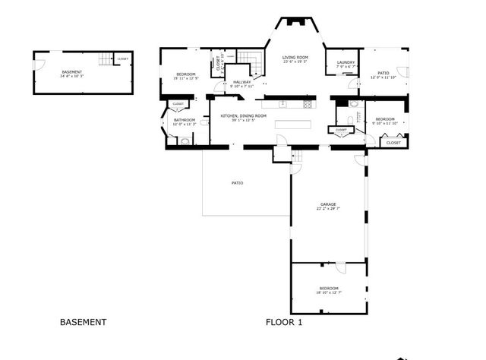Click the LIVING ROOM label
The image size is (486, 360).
point(295,58)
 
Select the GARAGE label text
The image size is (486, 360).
point(328,204)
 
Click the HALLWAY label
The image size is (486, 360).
point(242,82)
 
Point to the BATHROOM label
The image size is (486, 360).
point(185,120)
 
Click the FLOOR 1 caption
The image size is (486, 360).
point(284,322)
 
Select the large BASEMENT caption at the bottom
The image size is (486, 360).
point(83,322)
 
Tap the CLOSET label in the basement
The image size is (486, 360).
point(122,58)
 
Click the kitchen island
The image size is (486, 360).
point(293,125)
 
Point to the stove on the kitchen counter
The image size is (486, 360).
point(308,103)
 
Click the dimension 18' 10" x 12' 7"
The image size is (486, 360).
point(329,292)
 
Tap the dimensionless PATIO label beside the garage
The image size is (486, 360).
point(237,182)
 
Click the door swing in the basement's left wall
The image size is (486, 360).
point(40,64)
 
